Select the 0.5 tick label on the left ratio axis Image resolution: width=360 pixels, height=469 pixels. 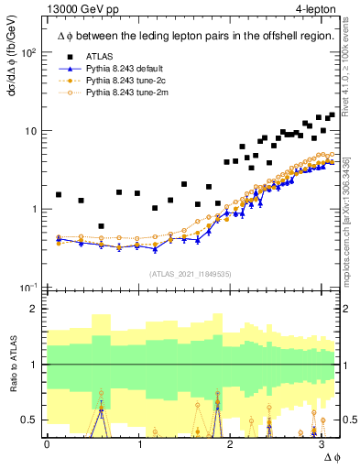click(x=30, y=420)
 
